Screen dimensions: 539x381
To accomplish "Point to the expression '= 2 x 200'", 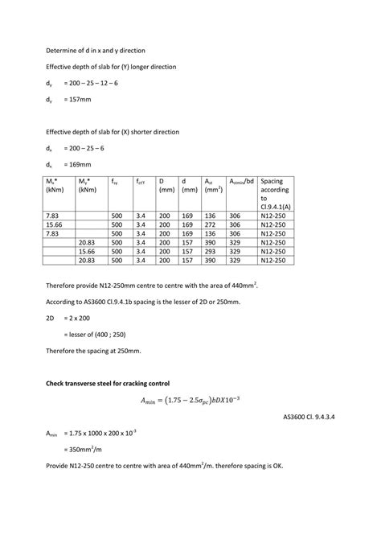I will pos(80,318).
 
